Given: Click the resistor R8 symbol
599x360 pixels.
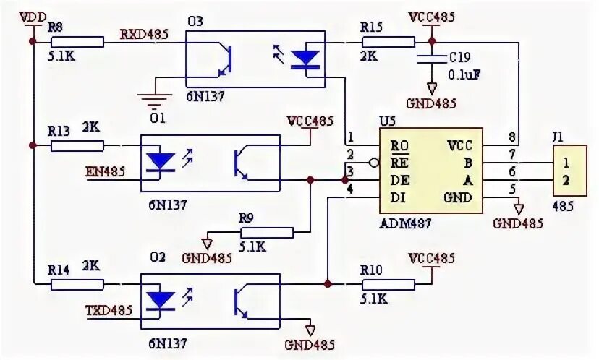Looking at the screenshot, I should coord(76,43).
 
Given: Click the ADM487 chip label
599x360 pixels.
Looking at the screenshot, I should coord(405,223).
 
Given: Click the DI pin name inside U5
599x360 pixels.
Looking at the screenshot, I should coord(399,197).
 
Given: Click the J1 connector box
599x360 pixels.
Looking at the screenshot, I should coord(572,171).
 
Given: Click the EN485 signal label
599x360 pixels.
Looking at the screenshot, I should coord(105,172).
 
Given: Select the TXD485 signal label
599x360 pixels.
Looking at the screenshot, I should coord(109,311).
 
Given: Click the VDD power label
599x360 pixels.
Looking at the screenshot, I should coord(33,16).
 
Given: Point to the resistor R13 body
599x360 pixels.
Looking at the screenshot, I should coord(76,146).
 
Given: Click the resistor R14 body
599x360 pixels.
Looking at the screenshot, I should coord(76,285).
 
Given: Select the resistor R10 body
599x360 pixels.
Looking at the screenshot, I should coord(388,284).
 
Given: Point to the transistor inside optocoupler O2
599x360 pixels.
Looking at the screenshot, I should coord(243,301).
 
